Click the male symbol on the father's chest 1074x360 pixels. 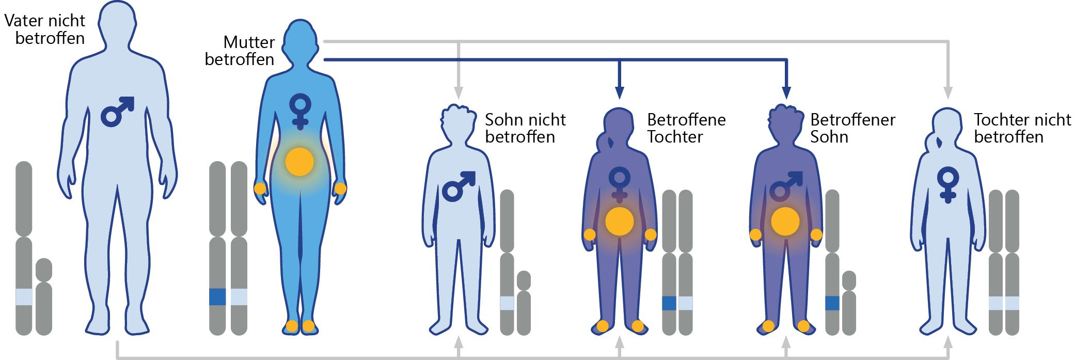[117, 111]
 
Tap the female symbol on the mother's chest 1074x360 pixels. [299, 111]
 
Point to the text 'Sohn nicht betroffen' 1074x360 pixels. [525, 128]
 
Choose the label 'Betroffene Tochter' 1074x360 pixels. [686, 128]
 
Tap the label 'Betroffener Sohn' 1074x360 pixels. [852, 128]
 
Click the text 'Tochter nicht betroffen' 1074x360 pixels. [1022, 128]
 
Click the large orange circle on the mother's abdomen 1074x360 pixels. [299, 162]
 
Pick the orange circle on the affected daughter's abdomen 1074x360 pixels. [619, 222]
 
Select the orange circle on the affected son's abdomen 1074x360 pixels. [785, 222]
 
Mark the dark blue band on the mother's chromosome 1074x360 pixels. [217, 297]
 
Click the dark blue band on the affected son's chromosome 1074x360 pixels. [832, 303]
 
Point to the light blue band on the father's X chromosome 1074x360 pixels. [24, 297]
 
